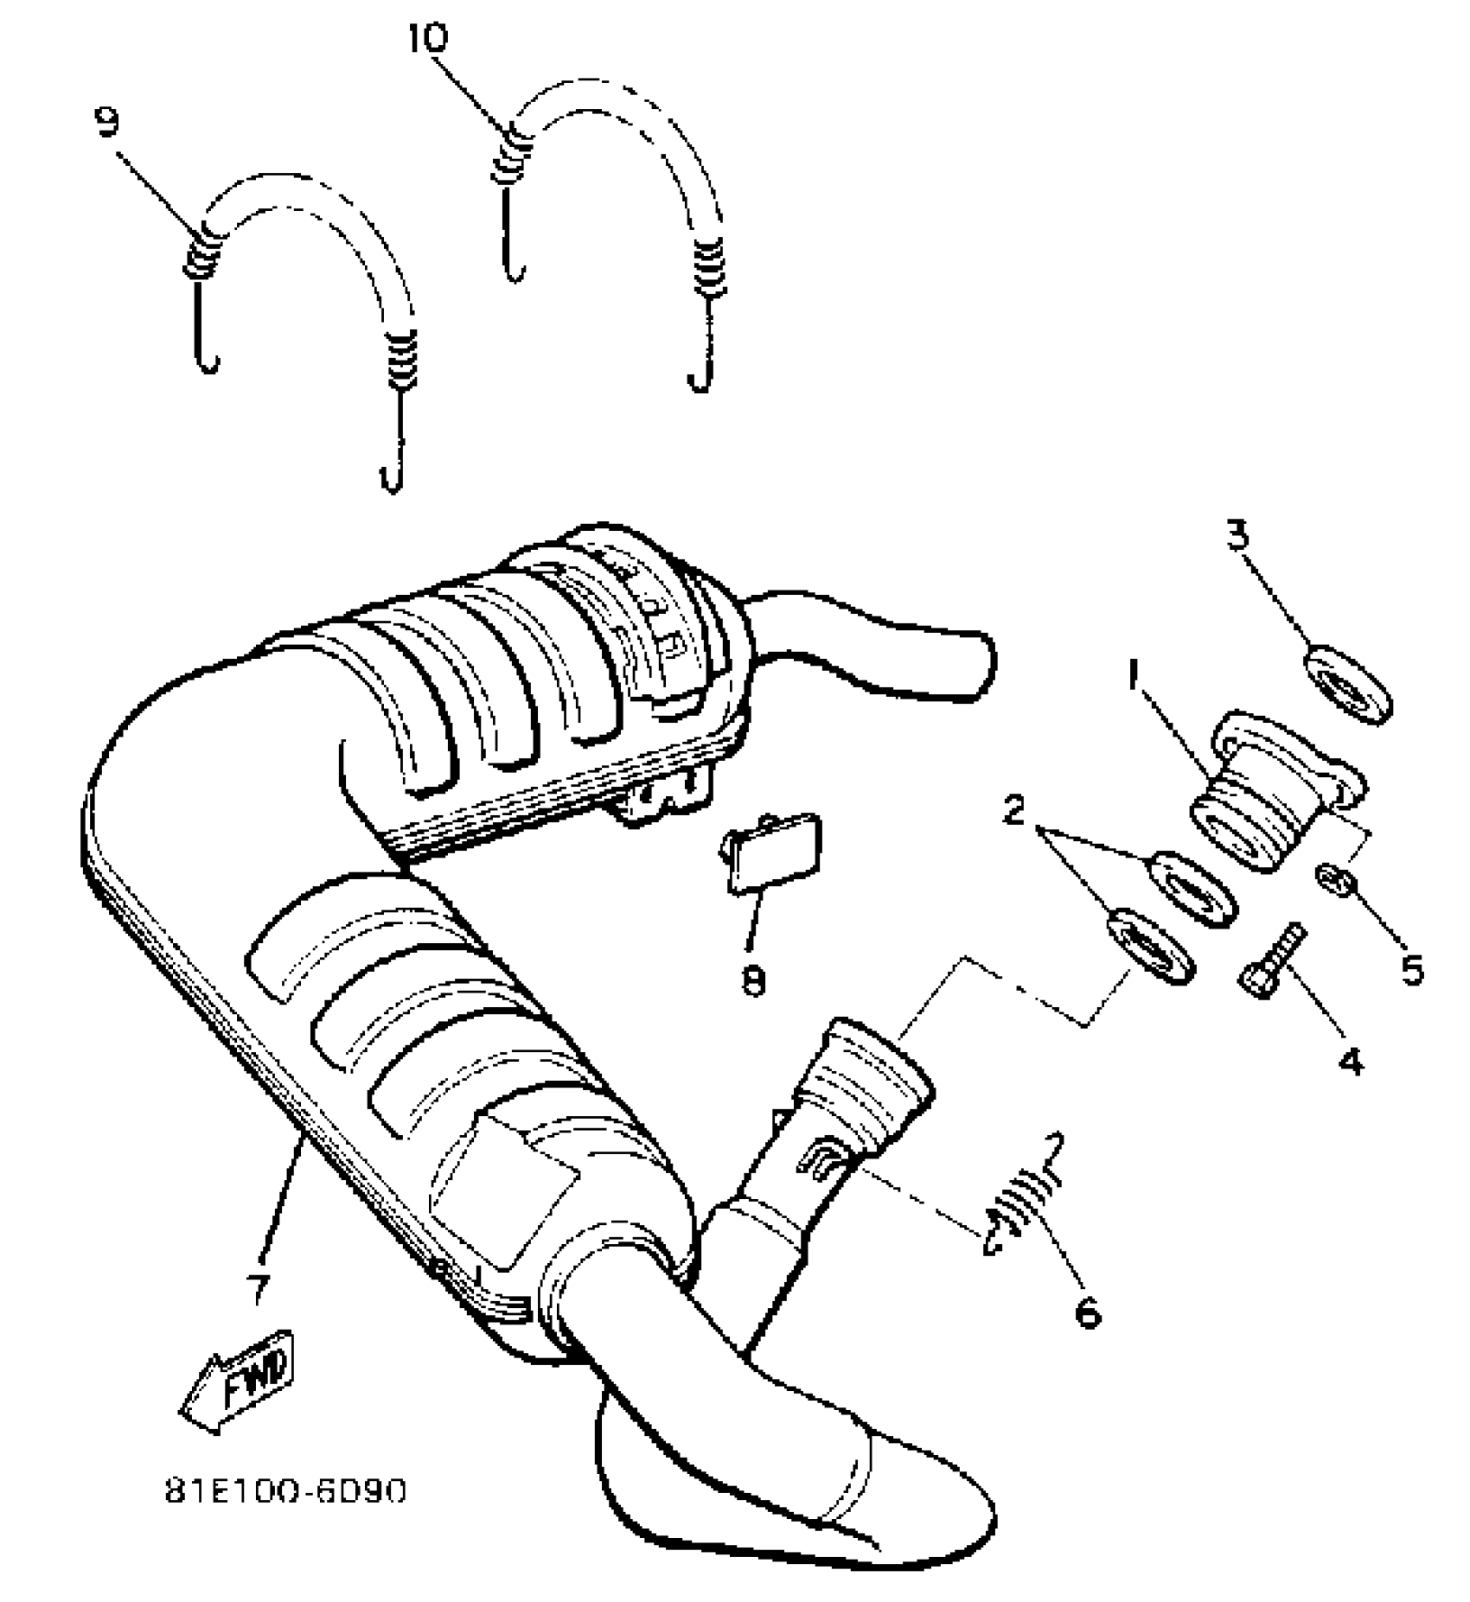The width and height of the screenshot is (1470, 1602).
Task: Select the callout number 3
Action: click(x=1238, y=537)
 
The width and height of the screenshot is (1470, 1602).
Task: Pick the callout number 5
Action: click(x=1410, y=969)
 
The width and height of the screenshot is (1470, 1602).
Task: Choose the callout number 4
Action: click(x=1350, y=1060)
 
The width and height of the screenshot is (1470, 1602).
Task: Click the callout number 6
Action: click(x=1087, y=1311)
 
